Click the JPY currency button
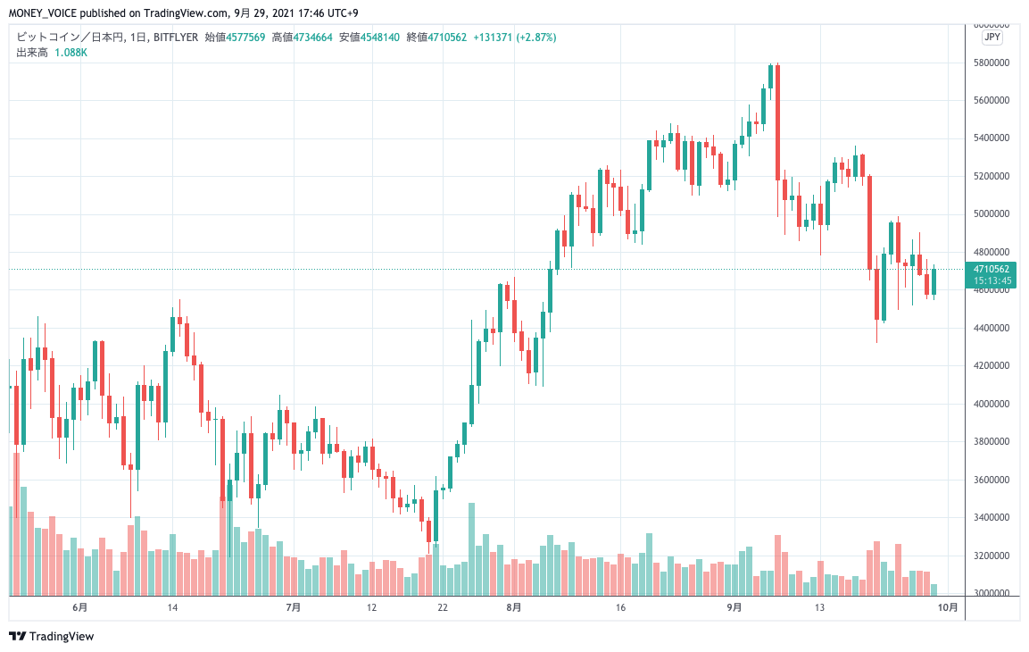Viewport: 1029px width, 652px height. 992,38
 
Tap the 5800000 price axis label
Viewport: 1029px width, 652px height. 992,63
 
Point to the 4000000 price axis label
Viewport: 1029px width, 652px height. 992,404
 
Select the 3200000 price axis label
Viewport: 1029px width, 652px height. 992,556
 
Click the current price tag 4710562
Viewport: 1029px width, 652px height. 992,268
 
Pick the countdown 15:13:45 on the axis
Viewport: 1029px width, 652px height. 992,280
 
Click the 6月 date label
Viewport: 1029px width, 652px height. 80,608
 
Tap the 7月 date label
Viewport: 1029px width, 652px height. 294,608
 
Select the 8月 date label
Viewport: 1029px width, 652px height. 513,608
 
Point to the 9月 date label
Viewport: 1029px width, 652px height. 734,608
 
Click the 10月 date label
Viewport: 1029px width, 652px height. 949,608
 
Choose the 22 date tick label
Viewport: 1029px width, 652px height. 442,608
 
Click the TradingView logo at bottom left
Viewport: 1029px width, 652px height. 52,637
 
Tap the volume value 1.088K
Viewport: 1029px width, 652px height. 71,53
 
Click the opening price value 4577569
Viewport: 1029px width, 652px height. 245,38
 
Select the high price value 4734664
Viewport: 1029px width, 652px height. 314,38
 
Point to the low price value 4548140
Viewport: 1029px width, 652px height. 381,38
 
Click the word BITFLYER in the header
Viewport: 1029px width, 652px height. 176,38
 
